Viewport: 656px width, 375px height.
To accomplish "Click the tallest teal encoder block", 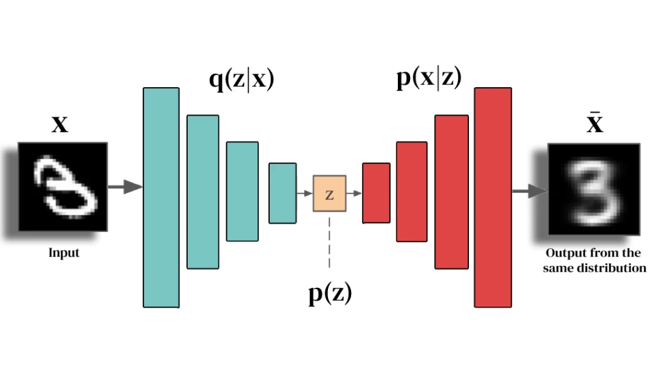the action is (161, 197).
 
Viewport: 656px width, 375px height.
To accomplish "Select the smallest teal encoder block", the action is (283, 193).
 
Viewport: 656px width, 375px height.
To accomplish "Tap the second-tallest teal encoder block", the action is (202, 191).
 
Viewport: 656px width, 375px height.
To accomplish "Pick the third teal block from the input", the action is (242, 191).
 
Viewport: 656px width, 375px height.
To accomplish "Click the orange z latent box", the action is (329, 194).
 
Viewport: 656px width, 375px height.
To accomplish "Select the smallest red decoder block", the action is (376, 193).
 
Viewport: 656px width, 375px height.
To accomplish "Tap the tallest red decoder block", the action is (493, 197).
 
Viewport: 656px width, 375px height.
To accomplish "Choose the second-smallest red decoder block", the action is (411, 191).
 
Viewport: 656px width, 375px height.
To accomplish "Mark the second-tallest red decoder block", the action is (452, 191).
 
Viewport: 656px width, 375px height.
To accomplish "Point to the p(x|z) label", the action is (429, 79).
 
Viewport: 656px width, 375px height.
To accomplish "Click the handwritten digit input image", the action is (63, 187).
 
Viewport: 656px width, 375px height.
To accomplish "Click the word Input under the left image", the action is (64, 253).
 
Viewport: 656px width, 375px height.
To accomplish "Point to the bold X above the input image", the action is (60, 124).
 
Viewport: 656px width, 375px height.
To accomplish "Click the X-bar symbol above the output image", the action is (595, 122).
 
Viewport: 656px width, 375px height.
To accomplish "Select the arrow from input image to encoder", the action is (124, 187).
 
